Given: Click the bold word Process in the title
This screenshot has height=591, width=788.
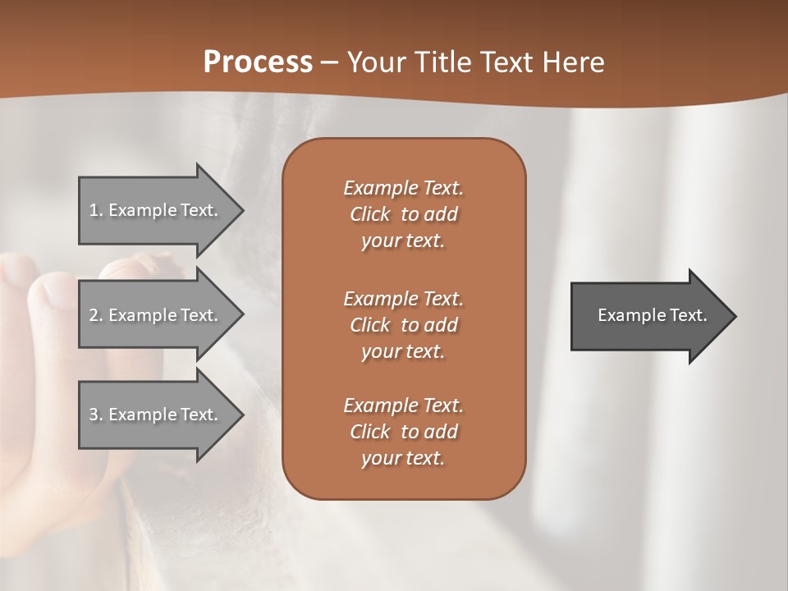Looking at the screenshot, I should [x=258, y=62].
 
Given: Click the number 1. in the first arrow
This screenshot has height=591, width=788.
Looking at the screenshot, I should [x=96, y=210].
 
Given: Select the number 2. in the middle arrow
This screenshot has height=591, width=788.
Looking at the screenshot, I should [x=96, y=315].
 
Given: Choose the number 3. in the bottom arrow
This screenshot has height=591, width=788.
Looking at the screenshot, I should [x=96, y=415].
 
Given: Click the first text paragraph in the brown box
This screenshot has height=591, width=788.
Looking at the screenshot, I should [x=403, y=214].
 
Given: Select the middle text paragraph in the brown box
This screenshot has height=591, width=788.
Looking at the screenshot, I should [x=403, y=325].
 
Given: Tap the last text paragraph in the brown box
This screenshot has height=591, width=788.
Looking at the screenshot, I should [x=403, y=432].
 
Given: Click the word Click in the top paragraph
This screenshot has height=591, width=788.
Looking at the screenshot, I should [x=369, y=215].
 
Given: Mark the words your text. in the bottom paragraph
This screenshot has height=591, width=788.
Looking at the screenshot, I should [x=403, y=459].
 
